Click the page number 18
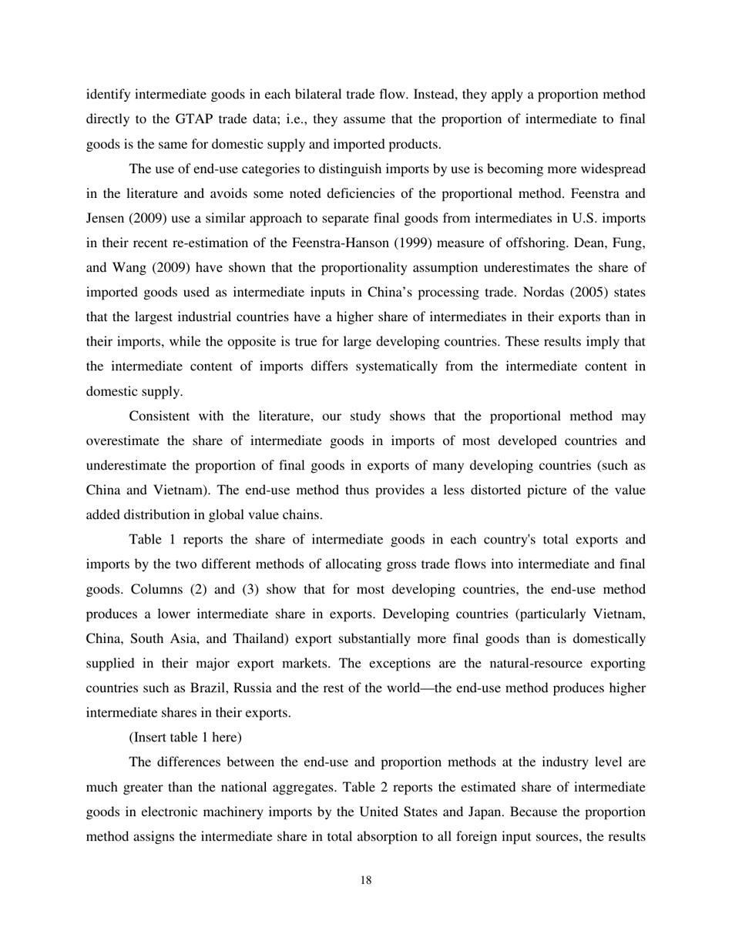click(366, 881)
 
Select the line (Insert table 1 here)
click(185, 737)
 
